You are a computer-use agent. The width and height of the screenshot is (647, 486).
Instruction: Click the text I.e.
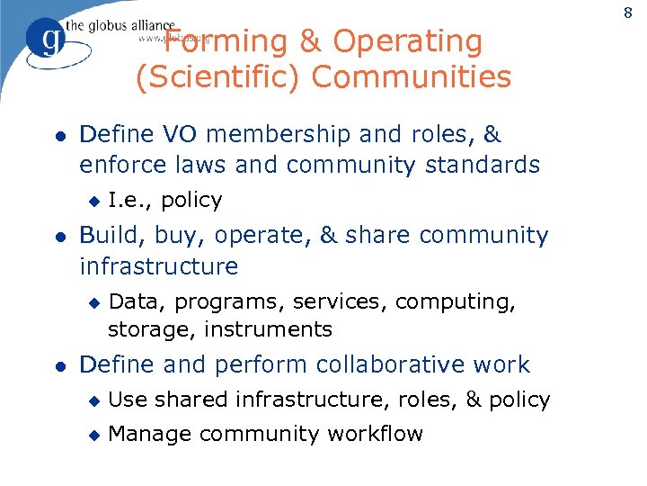click(128, 200)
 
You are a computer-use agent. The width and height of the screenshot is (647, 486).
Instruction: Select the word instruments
click(268, 330)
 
